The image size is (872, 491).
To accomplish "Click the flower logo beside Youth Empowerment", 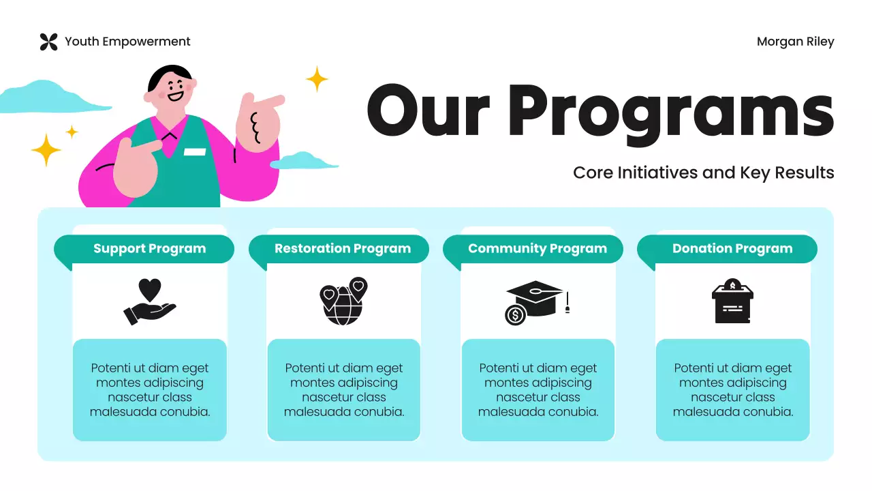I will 48,42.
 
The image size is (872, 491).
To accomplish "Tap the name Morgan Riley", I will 795,42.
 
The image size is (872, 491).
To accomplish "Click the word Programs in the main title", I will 670,112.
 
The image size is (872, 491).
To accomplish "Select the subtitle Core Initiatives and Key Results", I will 703,173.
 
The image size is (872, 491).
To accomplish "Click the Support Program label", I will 149,249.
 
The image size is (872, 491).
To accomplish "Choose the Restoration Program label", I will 343,249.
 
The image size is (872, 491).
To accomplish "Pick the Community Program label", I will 537,249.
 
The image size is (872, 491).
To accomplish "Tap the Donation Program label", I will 732,249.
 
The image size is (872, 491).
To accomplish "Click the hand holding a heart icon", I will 150,301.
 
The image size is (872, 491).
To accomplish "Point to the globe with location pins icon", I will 343,301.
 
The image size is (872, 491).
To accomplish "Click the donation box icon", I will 732,301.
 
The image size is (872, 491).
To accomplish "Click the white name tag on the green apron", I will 194,151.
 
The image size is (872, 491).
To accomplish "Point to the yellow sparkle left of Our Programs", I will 317,79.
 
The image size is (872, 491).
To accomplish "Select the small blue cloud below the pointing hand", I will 304,161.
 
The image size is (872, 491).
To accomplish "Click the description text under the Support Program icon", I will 150,390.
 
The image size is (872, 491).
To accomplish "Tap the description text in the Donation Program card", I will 732,390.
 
